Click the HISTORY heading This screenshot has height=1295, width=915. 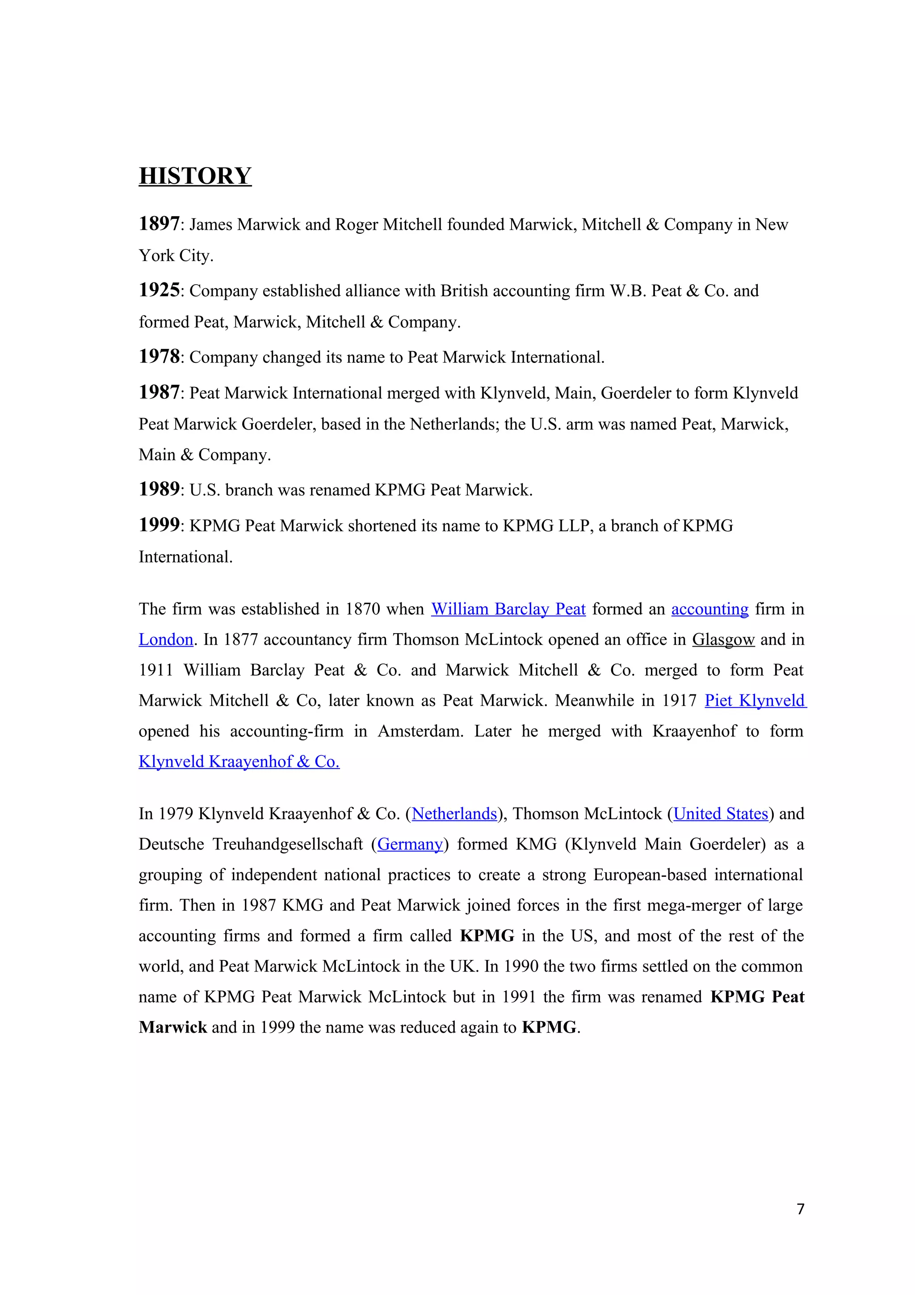coord(195,176)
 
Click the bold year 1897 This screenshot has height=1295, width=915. coord(159,224)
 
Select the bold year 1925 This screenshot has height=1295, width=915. coord(159,290)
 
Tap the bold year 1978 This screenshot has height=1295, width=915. coord(159,357)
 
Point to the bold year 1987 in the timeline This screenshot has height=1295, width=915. coord(159,392)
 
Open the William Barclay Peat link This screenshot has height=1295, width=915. coord(508,609)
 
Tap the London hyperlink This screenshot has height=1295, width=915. coord(166,639)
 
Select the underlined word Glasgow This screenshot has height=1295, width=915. coord(723,639)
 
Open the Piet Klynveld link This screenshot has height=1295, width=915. coord(755,701)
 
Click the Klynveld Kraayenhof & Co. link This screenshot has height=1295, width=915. coord(239,761)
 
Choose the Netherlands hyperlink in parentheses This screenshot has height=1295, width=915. coord(454,813)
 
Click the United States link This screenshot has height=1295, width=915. coord(721,813)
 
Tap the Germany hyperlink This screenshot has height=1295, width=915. coord(410,845)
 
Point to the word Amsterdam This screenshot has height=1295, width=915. coord(420,731)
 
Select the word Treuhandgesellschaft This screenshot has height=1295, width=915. coord(288,845)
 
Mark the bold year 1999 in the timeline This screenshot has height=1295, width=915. coord(159,525)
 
